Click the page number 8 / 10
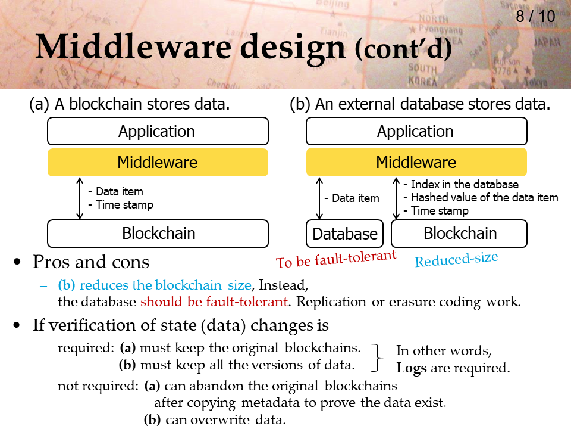coord(535,17)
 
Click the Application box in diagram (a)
coord(158,131)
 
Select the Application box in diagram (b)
coord(416,131)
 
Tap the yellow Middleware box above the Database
coord(416,162)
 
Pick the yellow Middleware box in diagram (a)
coord(158,162)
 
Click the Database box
coord(344,234)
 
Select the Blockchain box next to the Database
coord(459,234)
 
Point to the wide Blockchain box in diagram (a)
coord(158,234)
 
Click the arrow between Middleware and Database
coord(319,198)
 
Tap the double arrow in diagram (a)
coord(80,198)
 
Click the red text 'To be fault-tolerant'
coord(335,259)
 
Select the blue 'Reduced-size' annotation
coord(456,259)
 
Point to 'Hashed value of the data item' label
coord(484,198)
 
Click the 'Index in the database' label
coord(465,184)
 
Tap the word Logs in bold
coord(412,368)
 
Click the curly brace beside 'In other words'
coord(377,357)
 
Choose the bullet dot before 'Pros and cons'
coord(17,262)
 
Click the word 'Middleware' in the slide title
coord(134,47)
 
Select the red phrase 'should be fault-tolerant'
coord(214,302)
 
